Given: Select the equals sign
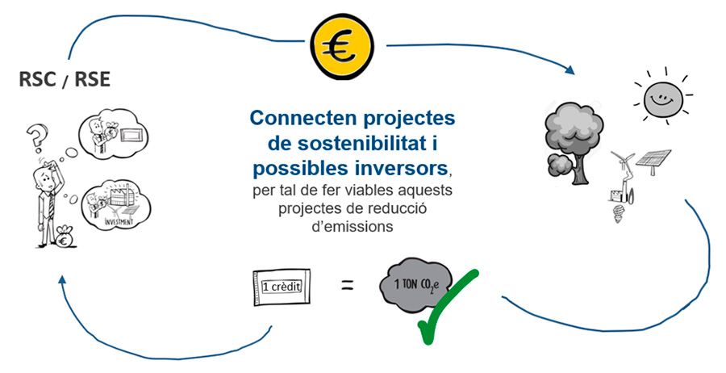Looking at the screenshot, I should coord(347,284).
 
